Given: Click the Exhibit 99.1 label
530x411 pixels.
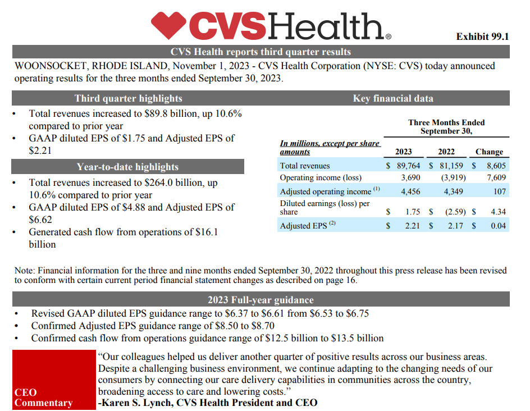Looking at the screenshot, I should (x=482, y=36).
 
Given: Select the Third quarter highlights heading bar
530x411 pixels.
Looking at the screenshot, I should (x=128, y=98).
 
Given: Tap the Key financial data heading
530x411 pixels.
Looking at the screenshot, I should (x=393, y=98).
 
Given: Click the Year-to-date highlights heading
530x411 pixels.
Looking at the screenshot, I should (x=128, y=167).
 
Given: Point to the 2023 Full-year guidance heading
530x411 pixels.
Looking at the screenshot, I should (x=261, y=299).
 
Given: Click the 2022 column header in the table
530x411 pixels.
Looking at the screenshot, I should (x=446, y=152).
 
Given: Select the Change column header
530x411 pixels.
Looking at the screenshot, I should (x=489, y=152).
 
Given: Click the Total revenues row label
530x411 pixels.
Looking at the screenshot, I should (x=305, y=166).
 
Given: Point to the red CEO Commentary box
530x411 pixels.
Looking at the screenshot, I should (x=54, y=379).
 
